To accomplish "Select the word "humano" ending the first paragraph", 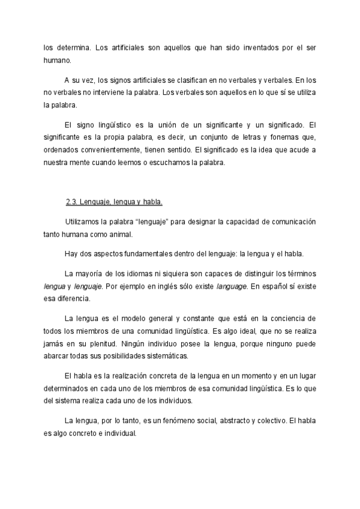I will tap(57, 59).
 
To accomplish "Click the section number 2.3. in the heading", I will tap(73, 201).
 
